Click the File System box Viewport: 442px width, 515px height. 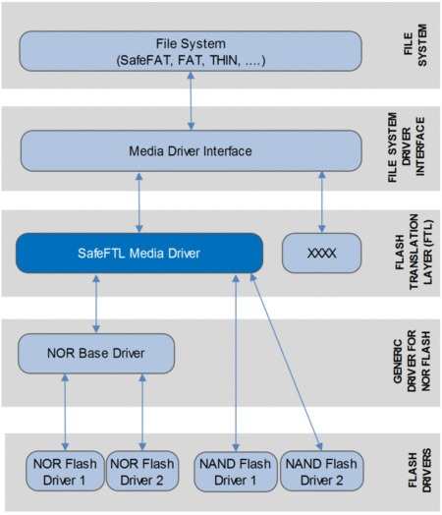click(191, 51)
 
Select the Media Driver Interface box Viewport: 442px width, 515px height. click(191, 151)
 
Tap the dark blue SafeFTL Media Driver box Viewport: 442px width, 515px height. click(139, 254)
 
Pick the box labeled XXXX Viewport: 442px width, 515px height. click(321, 254)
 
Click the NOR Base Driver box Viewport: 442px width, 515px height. click(96, 354)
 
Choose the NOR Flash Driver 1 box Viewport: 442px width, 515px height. click(65, 472)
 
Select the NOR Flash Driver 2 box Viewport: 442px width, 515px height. click(142, 472)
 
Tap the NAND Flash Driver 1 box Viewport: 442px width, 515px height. click(236, 472)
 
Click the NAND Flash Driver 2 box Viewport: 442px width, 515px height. click(322, 472)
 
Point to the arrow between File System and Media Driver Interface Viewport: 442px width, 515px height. click(191, 101)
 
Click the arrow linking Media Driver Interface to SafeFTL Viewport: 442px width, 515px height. click(139, 202)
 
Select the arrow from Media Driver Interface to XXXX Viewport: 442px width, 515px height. click(322, 202)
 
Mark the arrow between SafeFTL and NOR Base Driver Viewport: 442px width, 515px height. click(96, 304)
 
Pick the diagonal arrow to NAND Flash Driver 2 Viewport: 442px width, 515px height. click(287, 362)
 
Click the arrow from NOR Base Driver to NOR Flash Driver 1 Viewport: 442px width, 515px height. click(65, 412)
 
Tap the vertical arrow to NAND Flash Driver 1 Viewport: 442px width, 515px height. click(236, 363)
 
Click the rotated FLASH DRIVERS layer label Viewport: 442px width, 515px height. click(419, 471)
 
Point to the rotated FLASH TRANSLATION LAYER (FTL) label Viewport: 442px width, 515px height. click(414, 252)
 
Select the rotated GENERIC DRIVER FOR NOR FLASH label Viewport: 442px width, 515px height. click(412, 361)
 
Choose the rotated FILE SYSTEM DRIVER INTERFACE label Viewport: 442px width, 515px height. click(407, 147)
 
